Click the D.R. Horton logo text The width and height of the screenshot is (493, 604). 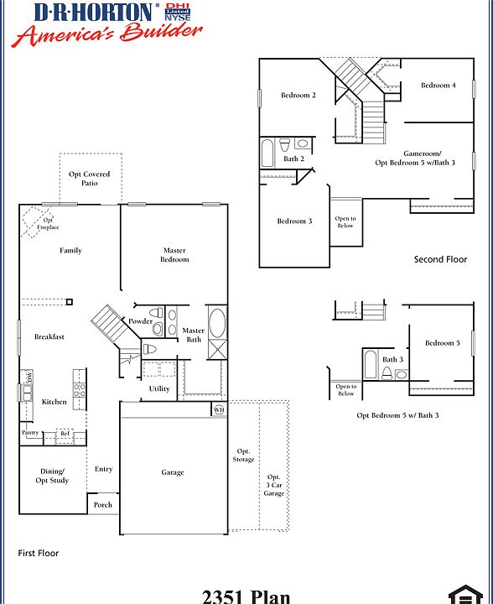(x=94, y=12)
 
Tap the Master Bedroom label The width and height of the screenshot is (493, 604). (x=174, y=255)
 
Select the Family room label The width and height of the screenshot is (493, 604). (x=70, y=251)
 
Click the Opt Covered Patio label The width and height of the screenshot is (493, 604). (x=90, y=178)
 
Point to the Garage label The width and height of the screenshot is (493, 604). (x=173, y=472)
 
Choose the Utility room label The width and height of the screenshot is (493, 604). (x=159, y=388)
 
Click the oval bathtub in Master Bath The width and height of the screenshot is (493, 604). (x=215, y=322)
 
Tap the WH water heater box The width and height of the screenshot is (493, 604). (x=219, y=409)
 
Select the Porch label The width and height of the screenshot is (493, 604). (x=102, y=505)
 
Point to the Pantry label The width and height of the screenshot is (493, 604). (x=30, y=433)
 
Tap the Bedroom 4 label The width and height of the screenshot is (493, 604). (x=438, y=86)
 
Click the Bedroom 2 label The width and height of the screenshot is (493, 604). (x=298, y=96)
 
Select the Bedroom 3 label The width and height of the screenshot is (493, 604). (x=294, y=221)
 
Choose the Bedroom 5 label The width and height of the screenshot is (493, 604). (x=442, y=343)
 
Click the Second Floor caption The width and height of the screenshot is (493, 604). (x=440, y=259)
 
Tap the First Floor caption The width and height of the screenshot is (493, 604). (x=39, y=554)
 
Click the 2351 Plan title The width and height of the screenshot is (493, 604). (x=246, y=596)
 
